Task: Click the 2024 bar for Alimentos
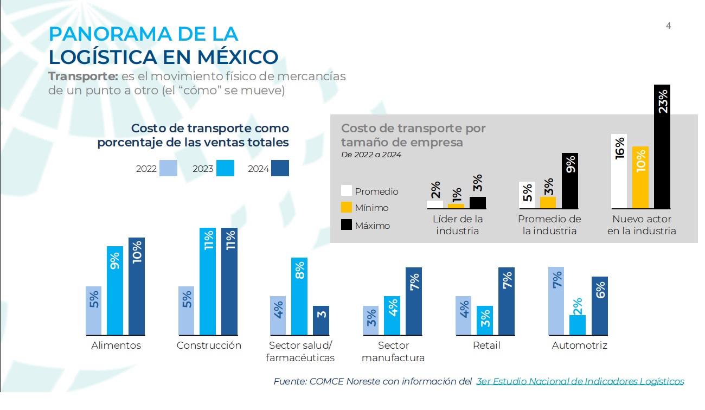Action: click(x=137, y=286)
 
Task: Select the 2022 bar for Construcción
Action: click(x=186, y=310)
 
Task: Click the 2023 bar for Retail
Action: click(x=485, y=320)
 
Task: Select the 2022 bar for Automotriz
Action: click(x=556, y=300)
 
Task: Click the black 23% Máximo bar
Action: click(x=662, y=146)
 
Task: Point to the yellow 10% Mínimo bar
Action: click(x=640, y=177)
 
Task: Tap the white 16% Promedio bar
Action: click(x=619, y=171)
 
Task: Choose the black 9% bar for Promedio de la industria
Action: click(x=570, y=181)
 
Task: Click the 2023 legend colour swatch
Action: click(x=225, y=169)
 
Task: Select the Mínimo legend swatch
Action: click(x=347, y=207)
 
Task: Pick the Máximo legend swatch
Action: click(x=347, y=225)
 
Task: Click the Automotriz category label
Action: click(x=579, y=345)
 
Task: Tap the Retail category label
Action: click(x=486, y=345)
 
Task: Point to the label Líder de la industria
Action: click(x=458, y=225)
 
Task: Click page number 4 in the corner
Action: click(x=668, y=25)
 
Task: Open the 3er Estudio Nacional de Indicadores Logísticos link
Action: click(x=580, y=381)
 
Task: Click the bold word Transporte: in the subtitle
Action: click(x=83, y=76)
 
